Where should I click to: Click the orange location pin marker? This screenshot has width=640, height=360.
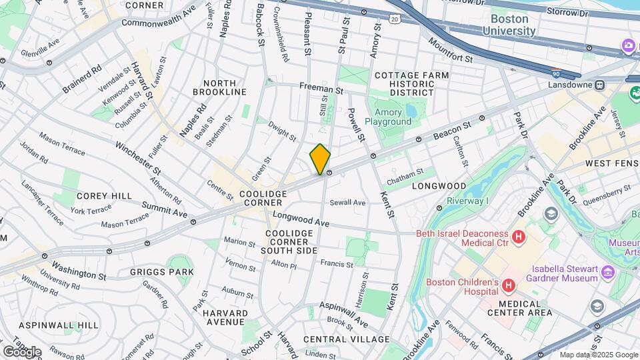point(320,159)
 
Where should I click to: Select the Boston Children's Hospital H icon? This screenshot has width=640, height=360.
point(509,286)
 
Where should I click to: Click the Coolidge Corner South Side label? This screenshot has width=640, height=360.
point(288,241)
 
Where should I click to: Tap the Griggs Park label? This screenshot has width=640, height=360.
point(162,272)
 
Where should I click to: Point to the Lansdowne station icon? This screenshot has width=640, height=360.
point(600,85)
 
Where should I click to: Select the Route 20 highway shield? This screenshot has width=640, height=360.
point(395,21)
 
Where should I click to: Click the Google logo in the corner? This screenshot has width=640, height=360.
point(22,351)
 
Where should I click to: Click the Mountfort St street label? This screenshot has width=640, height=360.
point(450,51)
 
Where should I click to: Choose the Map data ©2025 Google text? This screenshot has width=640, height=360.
point(598,355)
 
